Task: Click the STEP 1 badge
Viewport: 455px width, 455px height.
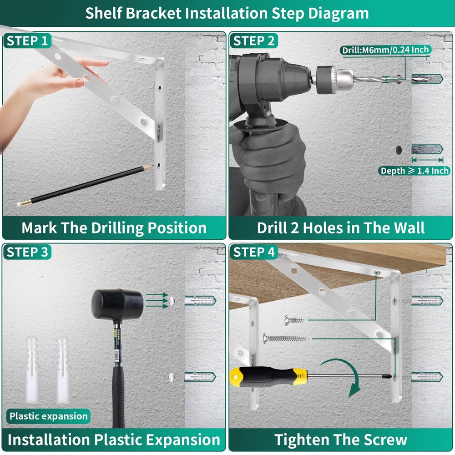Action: (27, 40)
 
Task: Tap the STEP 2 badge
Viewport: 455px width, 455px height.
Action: (254, 40)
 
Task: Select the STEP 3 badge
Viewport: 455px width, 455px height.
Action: (27, 252)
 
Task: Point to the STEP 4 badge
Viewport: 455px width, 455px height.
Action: (254, 252)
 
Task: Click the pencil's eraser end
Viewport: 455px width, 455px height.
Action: (19, 204)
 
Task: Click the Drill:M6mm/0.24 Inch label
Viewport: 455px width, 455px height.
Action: (385, 50)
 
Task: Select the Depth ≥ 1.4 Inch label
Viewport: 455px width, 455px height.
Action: (415, 171)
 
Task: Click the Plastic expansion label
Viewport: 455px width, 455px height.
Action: (49, 416)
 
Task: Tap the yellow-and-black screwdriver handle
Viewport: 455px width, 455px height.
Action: (268, 377)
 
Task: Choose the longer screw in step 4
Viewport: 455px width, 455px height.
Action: (286, 338)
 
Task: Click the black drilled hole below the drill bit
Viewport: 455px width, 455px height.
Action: (399, 150)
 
